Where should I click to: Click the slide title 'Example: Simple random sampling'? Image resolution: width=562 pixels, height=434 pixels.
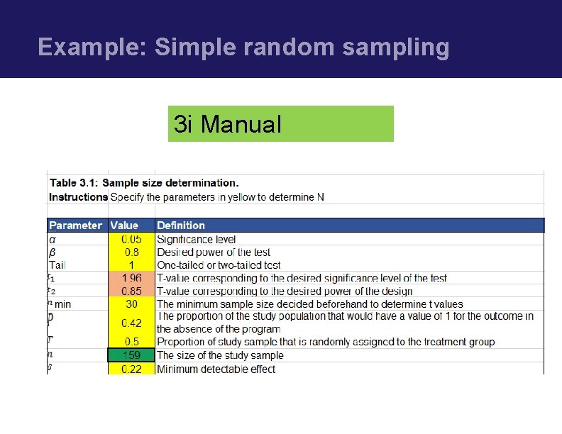tap(243, 47)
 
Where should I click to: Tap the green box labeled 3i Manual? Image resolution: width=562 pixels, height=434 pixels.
tap(280, 124)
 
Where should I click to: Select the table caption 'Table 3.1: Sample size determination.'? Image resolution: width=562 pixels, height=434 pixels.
tap(144, 183)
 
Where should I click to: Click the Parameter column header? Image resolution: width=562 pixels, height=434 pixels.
tap(75, 226)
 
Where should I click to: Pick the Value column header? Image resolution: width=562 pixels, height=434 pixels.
tap(124, 226)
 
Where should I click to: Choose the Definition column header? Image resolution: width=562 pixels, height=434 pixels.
tap(181, 226)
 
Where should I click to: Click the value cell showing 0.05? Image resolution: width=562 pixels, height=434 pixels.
tap(131, 240)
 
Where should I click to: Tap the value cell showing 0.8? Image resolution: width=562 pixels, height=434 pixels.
tap(131, 252)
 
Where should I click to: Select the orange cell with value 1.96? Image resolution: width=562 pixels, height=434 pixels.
tap(131, 278)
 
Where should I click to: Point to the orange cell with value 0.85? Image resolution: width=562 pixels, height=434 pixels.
tap(131, 291)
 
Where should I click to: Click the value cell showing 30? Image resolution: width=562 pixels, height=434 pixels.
tap(131, 304)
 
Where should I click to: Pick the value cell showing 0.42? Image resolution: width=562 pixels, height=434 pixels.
tap(131, 323)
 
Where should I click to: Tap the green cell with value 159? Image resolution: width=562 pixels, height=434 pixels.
tap(131, 355)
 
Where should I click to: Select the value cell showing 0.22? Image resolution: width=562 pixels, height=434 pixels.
tap(131, 369)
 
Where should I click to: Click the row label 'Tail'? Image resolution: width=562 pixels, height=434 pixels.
tap(57, 265)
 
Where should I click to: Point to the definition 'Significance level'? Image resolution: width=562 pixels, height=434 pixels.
tap(197, 240)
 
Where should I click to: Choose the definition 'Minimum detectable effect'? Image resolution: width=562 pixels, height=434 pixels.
tap(216, 369)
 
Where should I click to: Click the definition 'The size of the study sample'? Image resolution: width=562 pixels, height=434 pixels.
tap(220, 355)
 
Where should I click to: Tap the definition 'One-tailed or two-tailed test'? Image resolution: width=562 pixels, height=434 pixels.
tap(219, 265)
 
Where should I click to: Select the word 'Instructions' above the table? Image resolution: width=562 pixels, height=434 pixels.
tap(78, 196)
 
